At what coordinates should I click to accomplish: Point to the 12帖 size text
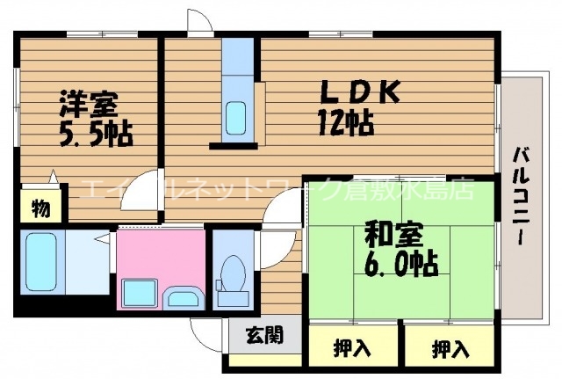pos(346,120)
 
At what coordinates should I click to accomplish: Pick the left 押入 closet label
pos(351,349)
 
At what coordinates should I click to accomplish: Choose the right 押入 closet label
pos(450,349)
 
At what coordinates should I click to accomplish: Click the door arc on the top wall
pos(200,21)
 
